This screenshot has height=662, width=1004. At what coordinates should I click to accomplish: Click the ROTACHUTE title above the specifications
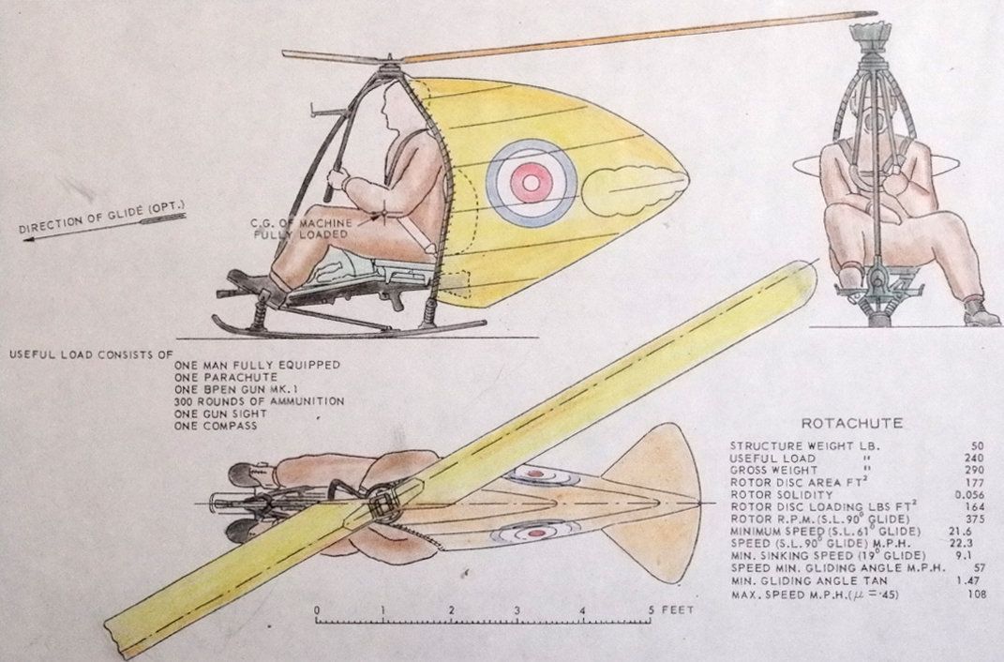(x=851, y=423)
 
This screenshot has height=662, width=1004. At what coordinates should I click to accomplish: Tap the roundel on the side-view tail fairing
(x=532, y=183)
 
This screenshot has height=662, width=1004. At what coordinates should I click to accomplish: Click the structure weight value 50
(x=977, y=445)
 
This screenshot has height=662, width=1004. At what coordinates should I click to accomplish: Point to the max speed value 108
(x=976, y=594)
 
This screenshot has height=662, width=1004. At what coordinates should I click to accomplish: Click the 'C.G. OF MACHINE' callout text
(x=301, y=223)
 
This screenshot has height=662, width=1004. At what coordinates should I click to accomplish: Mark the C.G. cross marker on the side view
(x=383, y=215)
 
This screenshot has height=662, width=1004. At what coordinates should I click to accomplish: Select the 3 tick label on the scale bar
(x=517, y=610)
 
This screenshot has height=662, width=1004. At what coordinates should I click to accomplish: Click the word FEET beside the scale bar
(x=678, y=610)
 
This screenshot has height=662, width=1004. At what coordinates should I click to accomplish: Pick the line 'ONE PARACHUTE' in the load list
(x=225, y=377)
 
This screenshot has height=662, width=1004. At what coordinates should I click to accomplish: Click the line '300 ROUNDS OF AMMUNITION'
(x=259, y=401)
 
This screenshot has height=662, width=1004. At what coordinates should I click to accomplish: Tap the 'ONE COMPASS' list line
(x=216, y=426)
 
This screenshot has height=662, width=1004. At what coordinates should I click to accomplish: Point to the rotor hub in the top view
(x=382, y=504)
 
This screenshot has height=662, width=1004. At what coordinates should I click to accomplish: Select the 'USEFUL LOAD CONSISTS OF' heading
(x=91, y=354)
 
